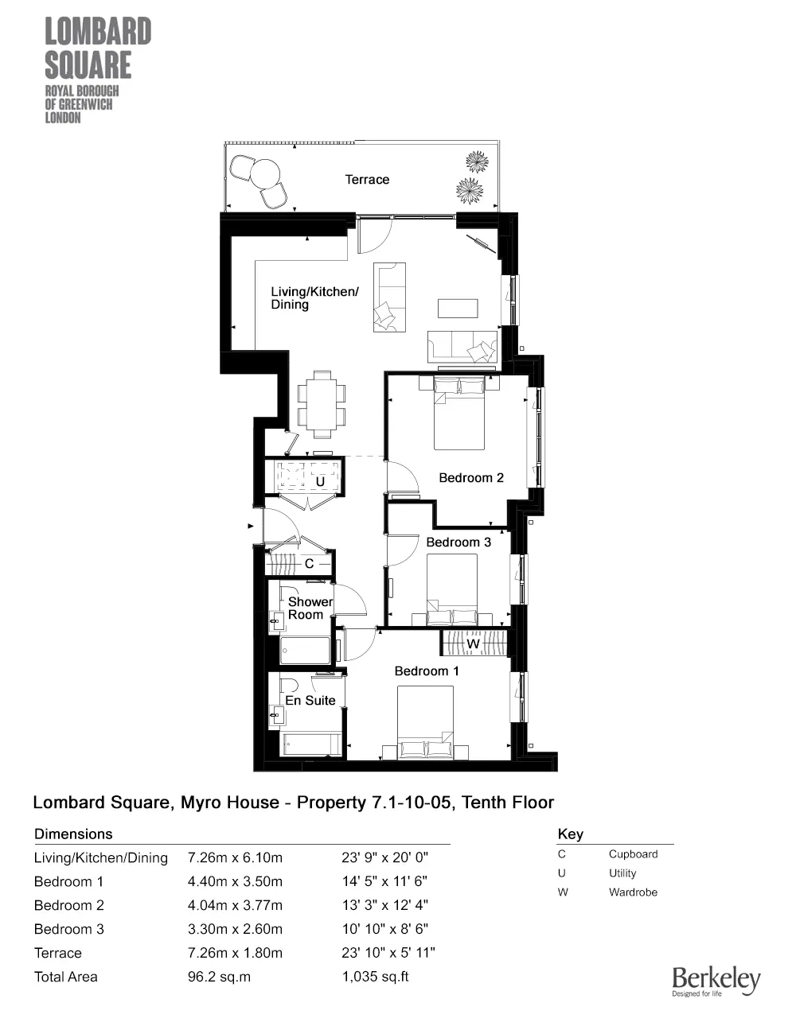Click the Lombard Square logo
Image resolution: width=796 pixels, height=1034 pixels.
point(97,70)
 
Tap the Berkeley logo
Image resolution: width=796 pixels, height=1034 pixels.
point(716,981)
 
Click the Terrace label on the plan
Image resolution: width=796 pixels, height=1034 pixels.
point(367,180)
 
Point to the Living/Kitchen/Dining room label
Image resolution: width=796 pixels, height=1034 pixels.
point(314,298)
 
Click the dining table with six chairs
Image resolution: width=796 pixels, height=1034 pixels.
point(322,403)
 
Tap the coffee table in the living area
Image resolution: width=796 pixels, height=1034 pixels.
point(458,308)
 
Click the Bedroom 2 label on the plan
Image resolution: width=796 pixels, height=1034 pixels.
point(471,478)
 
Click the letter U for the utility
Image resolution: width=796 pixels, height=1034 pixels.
point(320,482)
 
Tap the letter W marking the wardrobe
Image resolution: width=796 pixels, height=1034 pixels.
point(474,643)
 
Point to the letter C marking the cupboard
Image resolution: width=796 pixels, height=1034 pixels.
point(310,564)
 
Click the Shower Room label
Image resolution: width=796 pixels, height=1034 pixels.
point(309,608)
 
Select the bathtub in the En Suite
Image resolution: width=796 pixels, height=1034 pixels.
point(311,744)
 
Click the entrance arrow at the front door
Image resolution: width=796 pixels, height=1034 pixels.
point(251,526)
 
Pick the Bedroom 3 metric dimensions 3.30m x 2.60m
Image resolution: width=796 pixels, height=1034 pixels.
point(235,929)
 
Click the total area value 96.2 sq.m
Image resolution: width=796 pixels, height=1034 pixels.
point(219,977)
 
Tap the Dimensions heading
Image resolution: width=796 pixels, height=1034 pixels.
point(73,834)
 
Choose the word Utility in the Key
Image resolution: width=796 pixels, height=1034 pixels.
point(622,873)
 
